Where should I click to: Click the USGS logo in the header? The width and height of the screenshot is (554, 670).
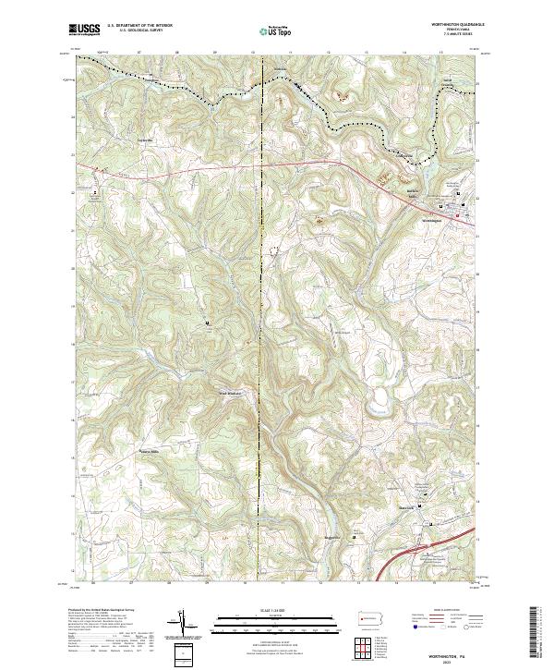point(84,30)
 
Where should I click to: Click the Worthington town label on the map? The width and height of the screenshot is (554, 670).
point(431,220)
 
